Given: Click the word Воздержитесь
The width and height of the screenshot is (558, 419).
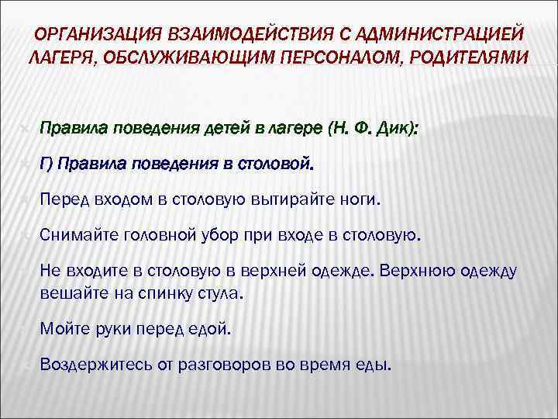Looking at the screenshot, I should tap(91, 365).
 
